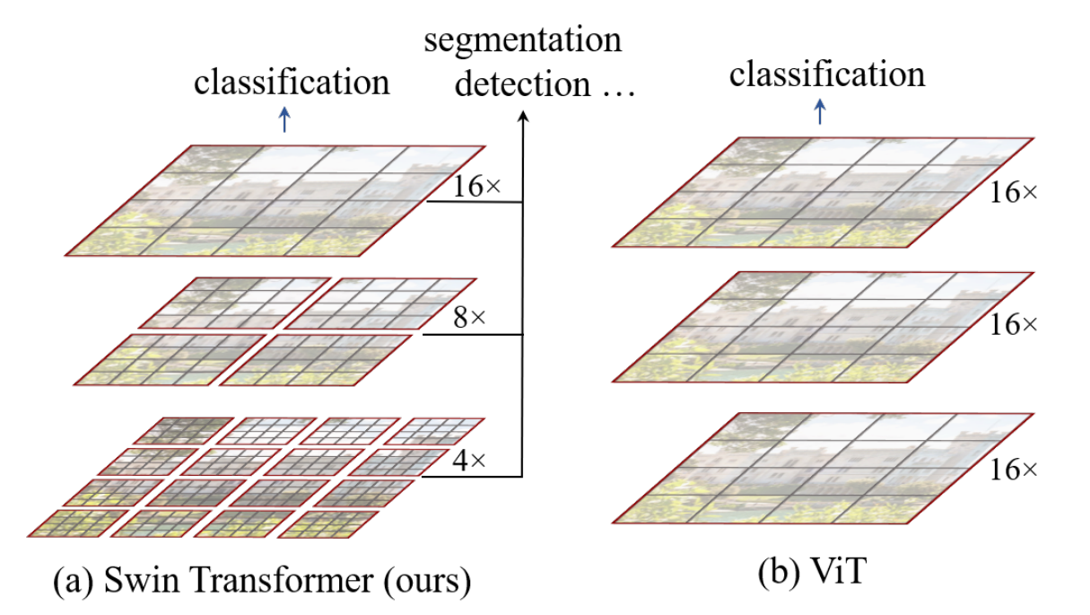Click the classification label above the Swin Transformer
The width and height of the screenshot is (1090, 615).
click(292, 83)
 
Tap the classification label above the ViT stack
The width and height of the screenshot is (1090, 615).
click(826, 74)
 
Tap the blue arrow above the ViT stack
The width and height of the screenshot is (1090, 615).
click(818, 111)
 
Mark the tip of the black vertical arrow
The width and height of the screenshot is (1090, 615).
click(523, 115)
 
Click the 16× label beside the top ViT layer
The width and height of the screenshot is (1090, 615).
click(1013, 191)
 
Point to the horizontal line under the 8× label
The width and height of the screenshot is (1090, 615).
click(471, 336)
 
